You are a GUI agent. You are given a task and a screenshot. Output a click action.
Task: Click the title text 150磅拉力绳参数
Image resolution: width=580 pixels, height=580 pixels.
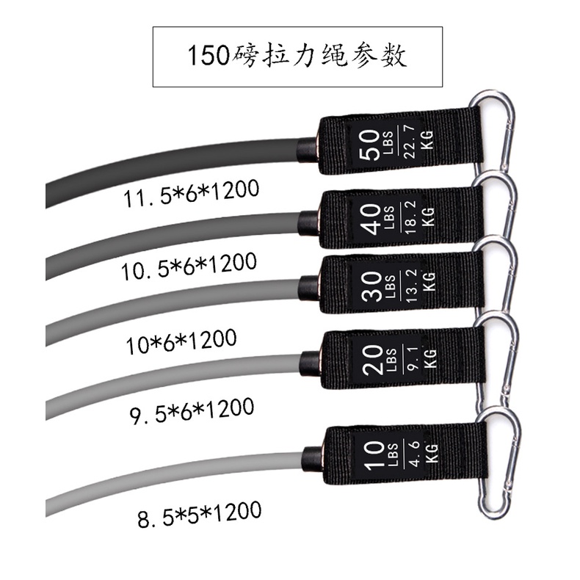[297, 57]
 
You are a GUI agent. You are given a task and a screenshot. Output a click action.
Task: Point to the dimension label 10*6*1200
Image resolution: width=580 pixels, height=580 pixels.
[181, 339]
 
